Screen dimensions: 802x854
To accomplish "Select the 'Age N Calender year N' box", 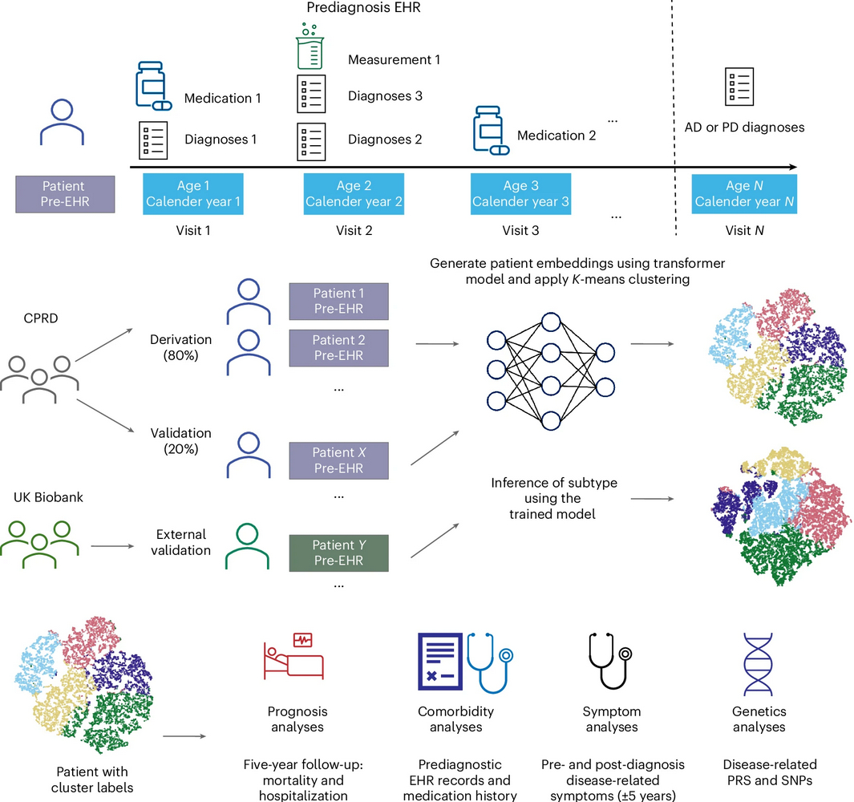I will point(744,193).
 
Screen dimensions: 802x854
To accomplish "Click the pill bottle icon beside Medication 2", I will point(490,130).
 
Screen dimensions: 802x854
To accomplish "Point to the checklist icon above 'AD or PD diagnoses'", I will point(739,86).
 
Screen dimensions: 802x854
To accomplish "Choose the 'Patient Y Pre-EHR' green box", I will point(338,552).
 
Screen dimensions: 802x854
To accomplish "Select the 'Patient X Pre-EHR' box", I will point(338,460).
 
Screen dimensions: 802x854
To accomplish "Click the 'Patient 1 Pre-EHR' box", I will point(338,301).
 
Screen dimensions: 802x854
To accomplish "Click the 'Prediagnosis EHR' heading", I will point(353,7).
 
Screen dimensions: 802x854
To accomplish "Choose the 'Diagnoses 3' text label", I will point(385,96).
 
